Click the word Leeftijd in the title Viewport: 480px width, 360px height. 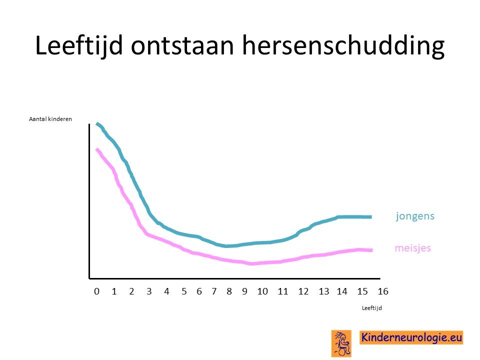(x=79, y=45)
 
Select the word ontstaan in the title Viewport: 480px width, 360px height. (x=182, y=46)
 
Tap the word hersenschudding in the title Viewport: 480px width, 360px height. (x=343, y=46)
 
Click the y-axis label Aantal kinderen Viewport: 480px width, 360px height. (x=50, y=119)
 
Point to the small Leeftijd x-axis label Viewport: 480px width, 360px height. (x=371, y=308)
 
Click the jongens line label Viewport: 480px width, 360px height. (x=415, y=216)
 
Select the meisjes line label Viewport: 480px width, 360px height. (x=413, y=247)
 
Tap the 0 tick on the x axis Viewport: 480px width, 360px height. (x=96, y=291)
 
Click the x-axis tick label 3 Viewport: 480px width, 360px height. (x=149, y=291)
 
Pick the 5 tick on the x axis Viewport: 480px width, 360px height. (x=184, y=291)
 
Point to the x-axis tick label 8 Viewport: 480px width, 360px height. (x=229, y=291)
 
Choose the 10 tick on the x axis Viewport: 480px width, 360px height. (x=262, y=291)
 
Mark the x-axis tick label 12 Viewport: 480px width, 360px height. (x=303, y=291)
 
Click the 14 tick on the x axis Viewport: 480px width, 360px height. (x=342, y=291)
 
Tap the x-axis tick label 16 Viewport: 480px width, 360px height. (x=383, y=291)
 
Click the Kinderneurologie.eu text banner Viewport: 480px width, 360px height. (x=411, y=337)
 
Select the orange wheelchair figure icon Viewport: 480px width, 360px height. (x=341, y=343)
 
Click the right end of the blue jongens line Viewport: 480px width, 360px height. (x=371, y=216)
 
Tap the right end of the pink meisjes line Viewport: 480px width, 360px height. (x=371, y=250)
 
